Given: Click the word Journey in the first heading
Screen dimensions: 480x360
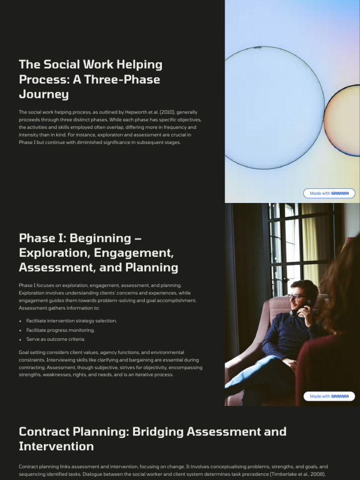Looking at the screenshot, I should pyautogui.click(x=44, y=94).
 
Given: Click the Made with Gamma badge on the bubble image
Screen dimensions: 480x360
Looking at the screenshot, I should pyautogui.click(x=329, y=193).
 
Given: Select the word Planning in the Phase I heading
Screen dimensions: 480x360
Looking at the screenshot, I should pyautogui.click(x=155, y=268).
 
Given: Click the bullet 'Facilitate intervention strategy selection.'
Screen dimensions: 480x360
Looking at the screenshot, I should pyautogui.click(x=72, y=321).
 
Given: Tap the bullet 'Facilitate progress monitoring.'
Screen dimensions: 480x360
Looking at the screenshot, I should pyautogui.click(x=60, y=330).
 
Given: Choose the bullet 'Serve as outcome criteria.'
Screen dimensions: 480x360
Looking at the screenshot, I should pyautogui.click(x=56, y=339).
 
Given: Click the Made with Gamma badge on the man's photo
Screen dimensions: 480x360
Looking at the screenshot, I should pyautogui.click(x=329, y=396).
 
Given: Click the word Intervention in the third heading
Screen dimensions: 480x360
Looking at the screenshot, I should pyautogui.click(x=56, y=446).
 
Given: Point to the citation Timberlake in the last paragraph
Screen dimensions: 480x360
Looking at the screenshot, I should pyautogui.click(x=283, y=474).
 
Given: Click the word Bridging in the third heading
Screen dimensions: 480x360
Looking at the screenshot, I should pyautogui.click(x=158, y=431).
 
